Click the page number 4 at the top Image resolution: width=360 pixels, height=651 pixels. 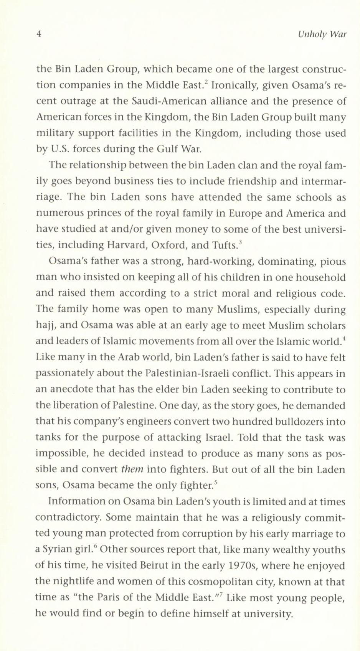pyautogui.click(x=38, y=35)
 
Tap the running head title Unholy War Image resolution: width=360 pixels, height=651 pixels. pyautogui.click(x=322, y=35)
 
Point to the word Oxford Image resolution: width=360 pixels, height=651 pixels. pyautogui.click(x=168, y=245)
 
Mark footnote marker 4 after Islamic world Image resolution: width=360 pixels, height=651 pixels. pyautogui.click(x=344, y=338)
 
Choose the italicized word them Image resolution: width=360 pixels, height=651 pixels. pyautogui.click(x=132, y=470)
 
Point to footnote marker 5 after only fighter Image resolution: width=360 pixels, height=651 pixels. pyautogui.click(x=216, y=482)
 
